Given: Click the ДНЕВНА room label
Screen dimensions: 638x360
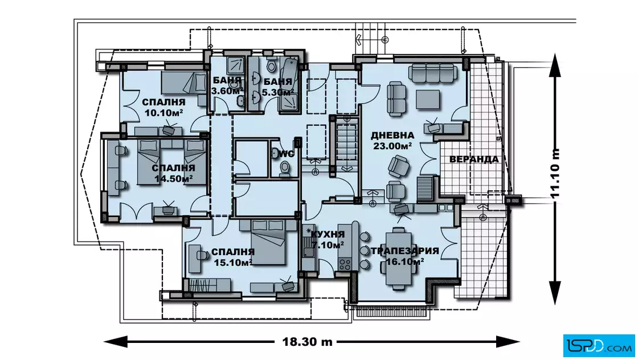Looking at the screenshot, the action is (392, 135).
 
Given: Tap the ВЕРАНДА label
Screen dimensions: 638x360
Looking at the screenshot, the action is (473, 159).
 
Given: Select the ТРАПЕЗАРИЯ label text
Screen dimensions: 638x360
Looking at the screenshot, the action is (405, 251).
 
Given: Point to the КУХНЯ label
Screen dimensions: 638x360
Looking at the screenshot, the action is (328, 234).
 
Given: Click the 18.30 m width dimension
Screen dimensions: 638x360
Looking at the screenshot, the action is (307, 342).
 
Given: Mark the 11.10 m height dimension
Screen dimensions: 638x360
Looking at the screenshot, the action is (555, 173).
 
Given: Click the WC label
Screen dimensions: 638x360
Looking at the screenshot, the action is (287, 154).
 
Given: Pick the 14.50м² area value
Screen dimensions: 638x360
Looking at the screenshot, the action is (173, 179).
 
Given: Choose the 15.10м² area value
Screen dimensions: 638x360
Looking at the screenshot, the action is (233, 263).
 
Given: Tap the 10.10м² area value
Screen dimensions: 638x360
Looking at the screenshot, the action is (163, 113).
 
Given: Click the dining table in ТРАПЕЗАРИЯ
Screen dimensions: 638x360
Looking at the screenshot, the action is (398, 258).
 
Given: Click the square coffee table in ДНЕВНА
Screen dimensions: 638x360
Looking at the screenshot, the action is (428, 99).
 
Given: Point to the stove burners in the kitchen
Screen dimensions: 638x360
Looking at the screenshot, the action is (345, 264).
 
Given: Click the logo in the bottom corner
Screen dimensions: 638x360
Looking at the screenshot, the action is (599, 345).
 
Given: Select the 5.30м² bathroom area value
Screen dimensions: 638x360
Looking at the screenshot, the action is (278, 92).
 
